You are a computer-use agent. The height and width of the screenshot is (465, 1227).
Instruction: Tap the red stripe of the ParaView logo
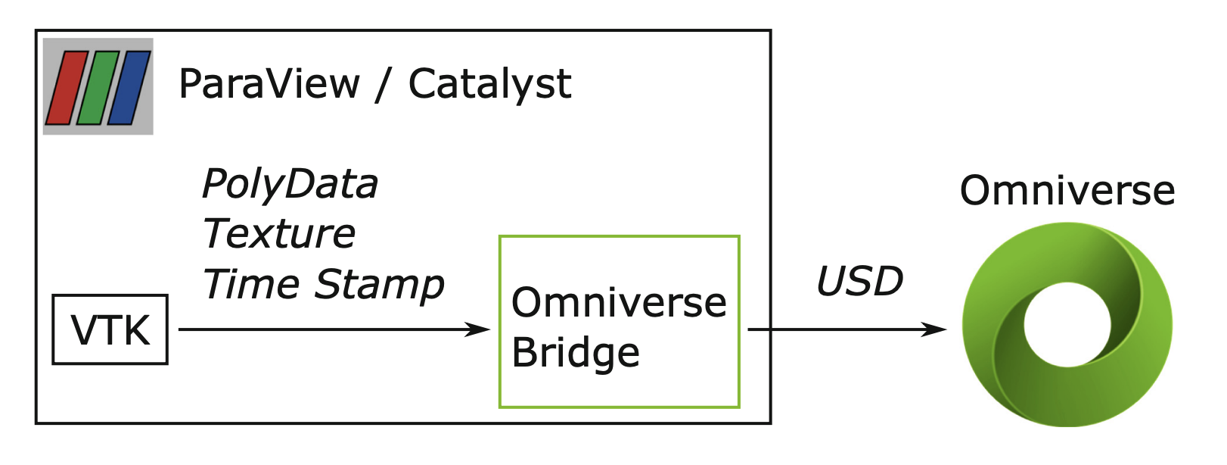click(x=67, y=88)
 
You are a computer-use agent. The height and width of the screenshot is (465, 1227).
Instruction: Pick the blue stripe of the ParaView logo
click(x=129, y=88)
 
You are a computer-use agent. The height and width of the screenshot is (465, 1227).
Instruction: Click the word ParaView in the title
click(x=269, y=85)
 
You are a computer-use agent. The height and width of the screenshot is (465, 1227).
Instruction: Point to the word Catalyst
click(x=489, y=86)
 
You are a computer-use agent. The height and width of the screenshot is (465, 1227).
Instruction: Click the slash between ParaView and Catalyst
click(x=384, y=85)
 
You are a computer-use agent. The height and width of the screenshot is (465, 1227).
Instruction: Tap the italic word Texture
click(x=279, y=233)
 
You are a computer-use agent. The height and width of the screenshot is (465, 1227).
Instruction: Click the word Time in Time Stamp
click(x=251, y=284)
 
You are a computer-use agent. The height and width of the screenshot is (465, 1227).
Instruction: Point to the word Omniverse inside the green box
click(x=619, y=303)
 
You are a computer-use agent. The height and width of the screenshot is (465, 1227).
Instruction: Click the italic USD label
click(x=859, y=282)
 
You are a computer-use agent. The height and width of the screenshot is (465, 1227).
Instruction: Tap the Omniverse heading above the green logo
click(x=1067, y=191)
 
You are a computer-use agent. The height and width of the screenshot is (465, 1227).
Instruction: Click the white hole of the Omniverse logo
click(x=1067, y=325)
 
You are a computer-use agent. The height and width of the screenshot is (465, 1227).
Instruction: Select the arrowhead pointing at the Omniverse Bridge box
click(x=477, y=329)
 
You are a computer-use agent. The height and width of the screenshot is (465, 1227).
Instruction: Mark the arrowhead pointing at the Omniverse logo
click(x=933, y=329)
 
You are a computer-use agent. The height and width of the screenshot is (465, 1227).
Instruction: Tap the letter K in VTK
click(x=136, y=331)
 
